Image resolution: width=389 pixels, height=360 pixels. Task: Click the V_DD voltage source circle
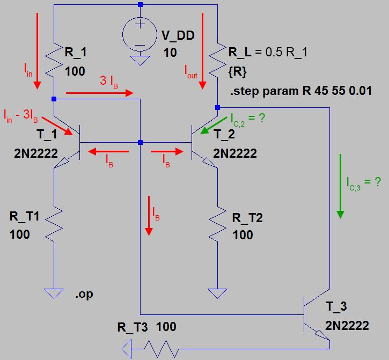pos(140,33)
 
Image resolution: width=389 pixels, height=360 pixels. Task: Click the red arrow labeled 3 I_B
pos(99,93)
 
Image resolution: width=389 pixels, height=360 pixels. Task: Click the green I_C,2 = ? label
pos(247,117)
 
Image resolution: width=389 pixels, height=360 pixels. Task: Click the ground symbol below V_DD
pos(140,61)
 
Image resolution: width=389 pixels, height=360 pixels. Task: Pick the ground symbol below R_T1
pos(55,293)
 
